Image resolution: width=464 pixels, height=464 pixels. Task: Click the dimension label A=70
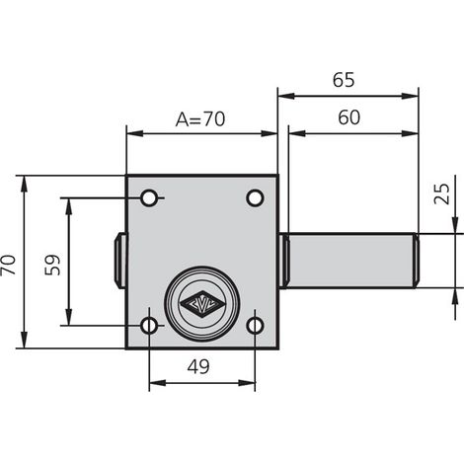tap(200, 118)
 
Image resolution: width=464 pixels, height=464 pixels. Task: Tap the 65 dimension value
tap(344, 80)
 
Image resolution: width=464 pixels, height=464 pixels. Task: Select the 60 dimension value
tap(348, 117)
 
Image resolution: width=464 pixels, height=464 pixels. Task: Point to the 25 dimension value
tap(441, 193)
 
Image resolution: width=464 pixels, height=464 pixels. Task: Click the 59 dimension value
tap(53, 265)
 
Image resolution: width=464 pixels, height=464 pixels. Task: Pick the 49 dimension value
tap(198, 366)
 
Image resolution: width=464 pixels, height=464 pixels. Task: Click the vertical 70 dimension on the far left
tap(8, 265)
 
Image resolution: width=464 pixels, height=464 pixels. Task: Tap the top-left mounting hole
tap(149, 198)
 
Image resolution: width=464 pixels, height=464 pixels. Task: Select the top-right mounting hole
tap(255, 198)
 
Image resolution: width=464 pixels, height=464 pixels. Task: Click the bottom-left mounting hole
tap(149, 326)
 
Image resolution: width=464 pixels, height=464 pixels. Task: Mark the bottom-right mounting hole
tap(255, 326)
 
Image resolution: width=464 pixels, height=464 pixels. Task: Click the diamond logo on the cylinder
tap(200, 304)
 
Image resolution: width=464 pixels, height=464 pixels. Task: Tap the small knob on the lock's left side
tap(120, 261)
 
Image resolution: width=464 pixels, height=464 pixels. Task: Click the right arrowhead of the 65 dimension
tap(410, 96)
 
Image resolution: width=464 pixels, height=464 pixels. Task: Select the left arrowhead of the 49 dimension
tap(158, 383)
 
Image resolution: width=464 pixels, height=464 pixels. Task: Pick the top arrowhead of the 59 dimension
tap(68, 206)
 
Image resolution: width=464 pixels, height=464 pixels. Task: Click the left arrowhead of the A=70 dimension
tap(135, 133)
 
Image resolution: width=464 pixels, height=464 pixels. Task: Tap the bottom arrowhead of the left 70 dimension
tap(24, 340)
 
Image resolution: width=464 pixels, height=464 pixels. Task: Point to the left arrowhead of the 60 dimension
tap(297, 133)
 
